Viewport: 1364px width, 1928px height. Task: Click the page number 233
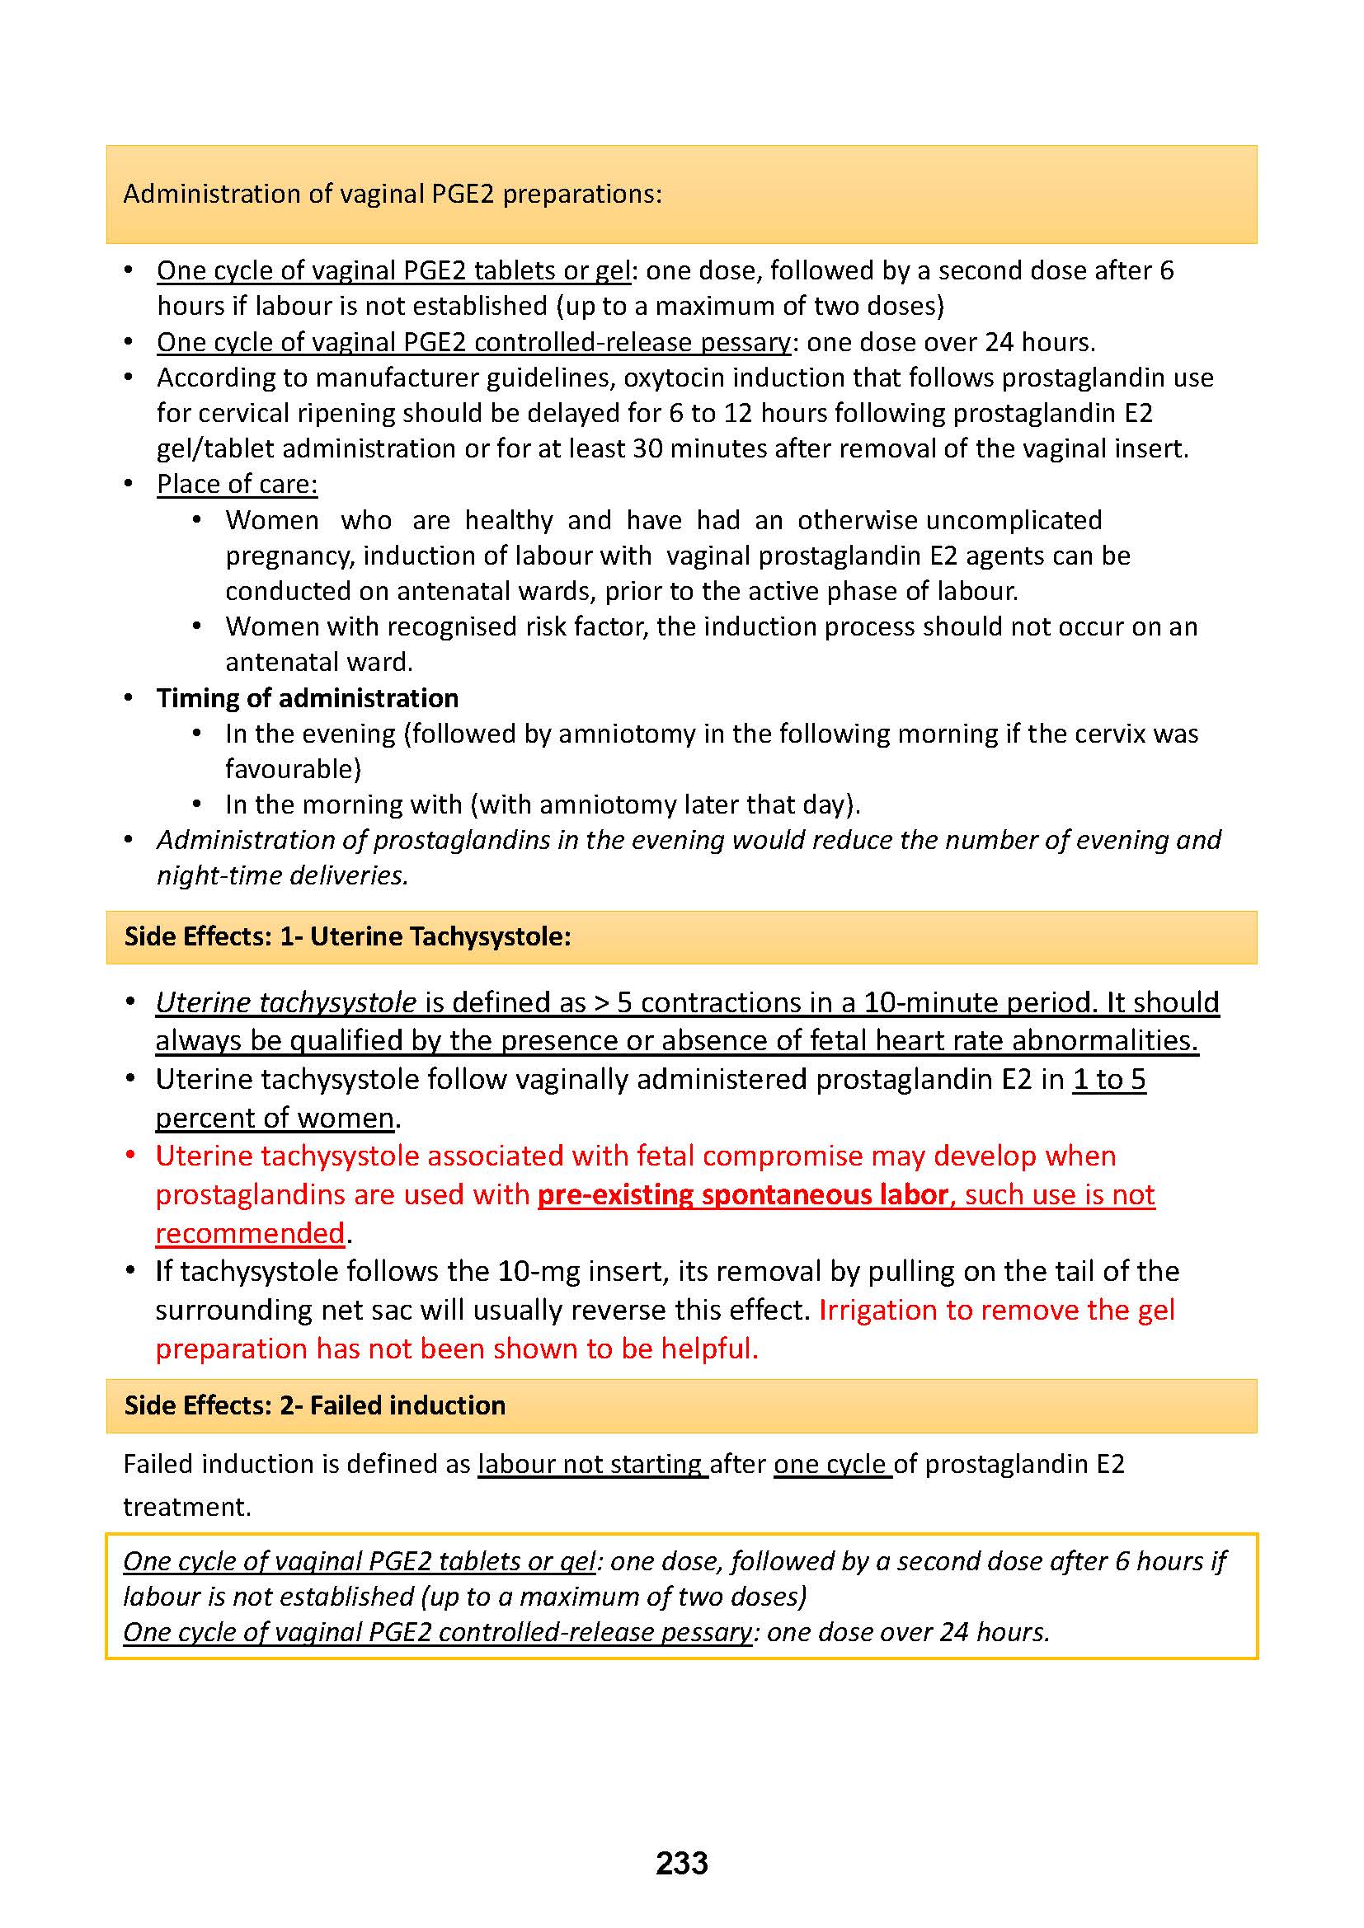click(681, 1864)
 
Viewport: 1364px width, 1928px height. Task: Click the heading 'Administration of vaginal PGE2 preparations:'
click(393, 194)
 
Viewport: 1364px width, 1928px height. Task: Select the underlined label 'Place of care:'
click(237, 485)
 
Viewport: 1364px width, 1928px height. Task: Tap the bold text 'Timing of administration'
click(308, 698)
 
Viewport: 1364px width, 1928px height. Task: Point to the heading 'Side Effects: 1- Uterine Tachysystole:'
click(348, 936)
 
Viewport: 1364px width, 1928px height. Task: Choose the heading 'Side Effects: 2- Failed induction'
click(315, 1405)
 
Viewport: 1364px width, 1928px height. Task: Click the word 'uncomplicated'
click(1014, 520)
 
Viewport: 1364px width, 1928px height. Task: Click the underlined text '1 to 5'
click(1108, 1079)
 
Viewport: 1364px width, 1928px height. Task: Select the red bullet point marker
click(130, 1156)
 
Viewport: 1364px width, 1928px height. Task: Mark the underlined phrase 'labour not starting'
click(591, 1464)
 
